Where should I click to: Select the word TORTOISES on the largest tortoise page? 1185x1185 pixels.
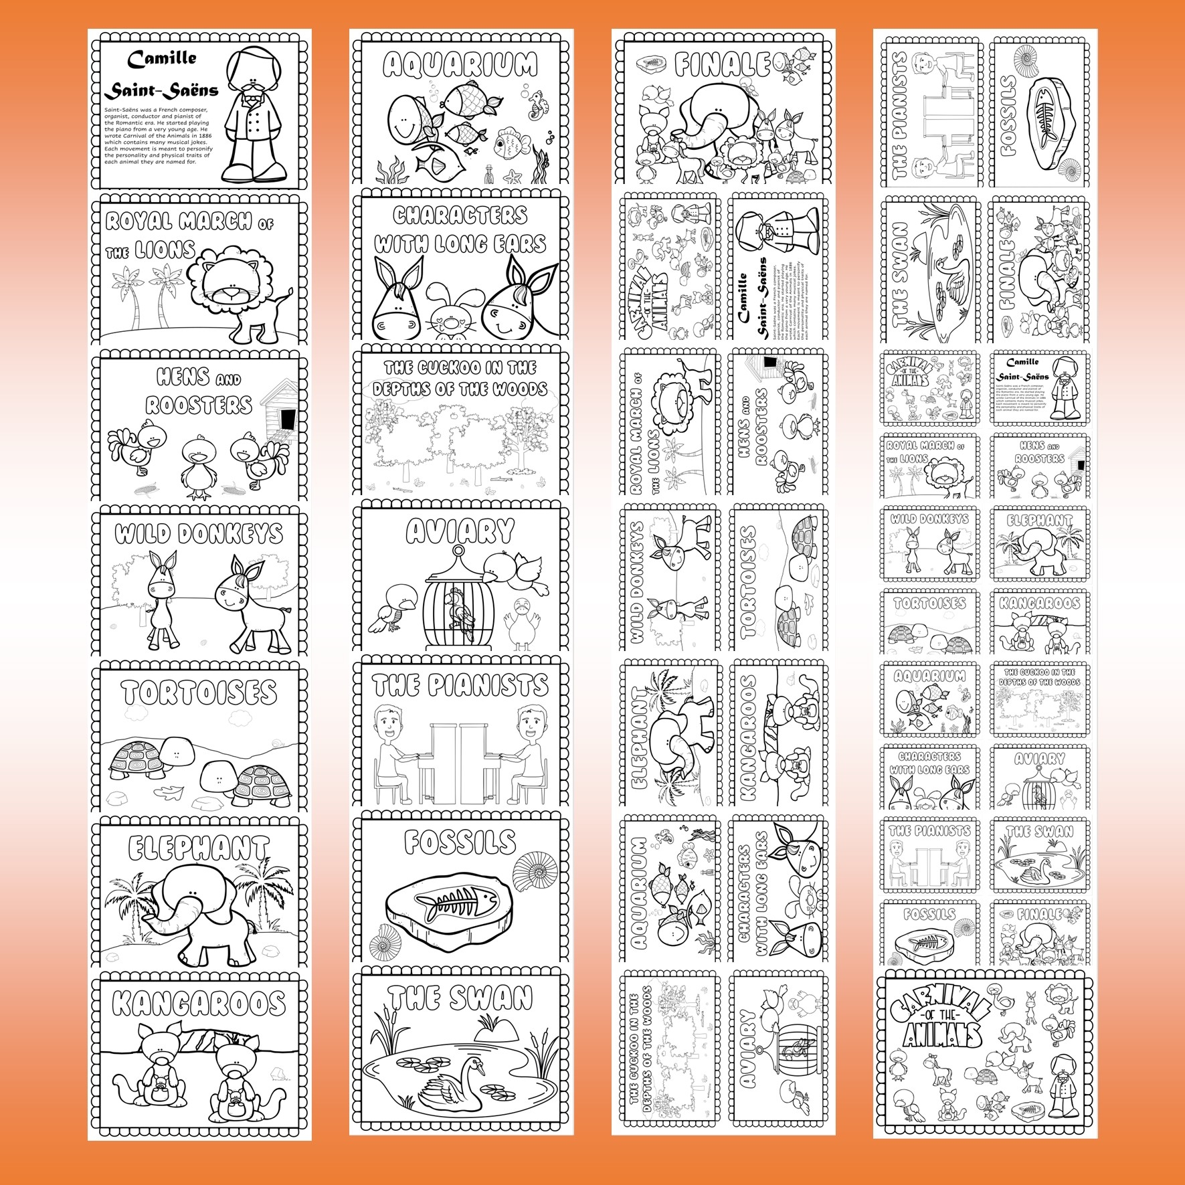pyautogui.click(x=199, y=693)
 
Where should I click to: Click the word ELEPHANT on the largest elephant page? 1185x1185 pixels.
pyautogui.click(x=199, y=848)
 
